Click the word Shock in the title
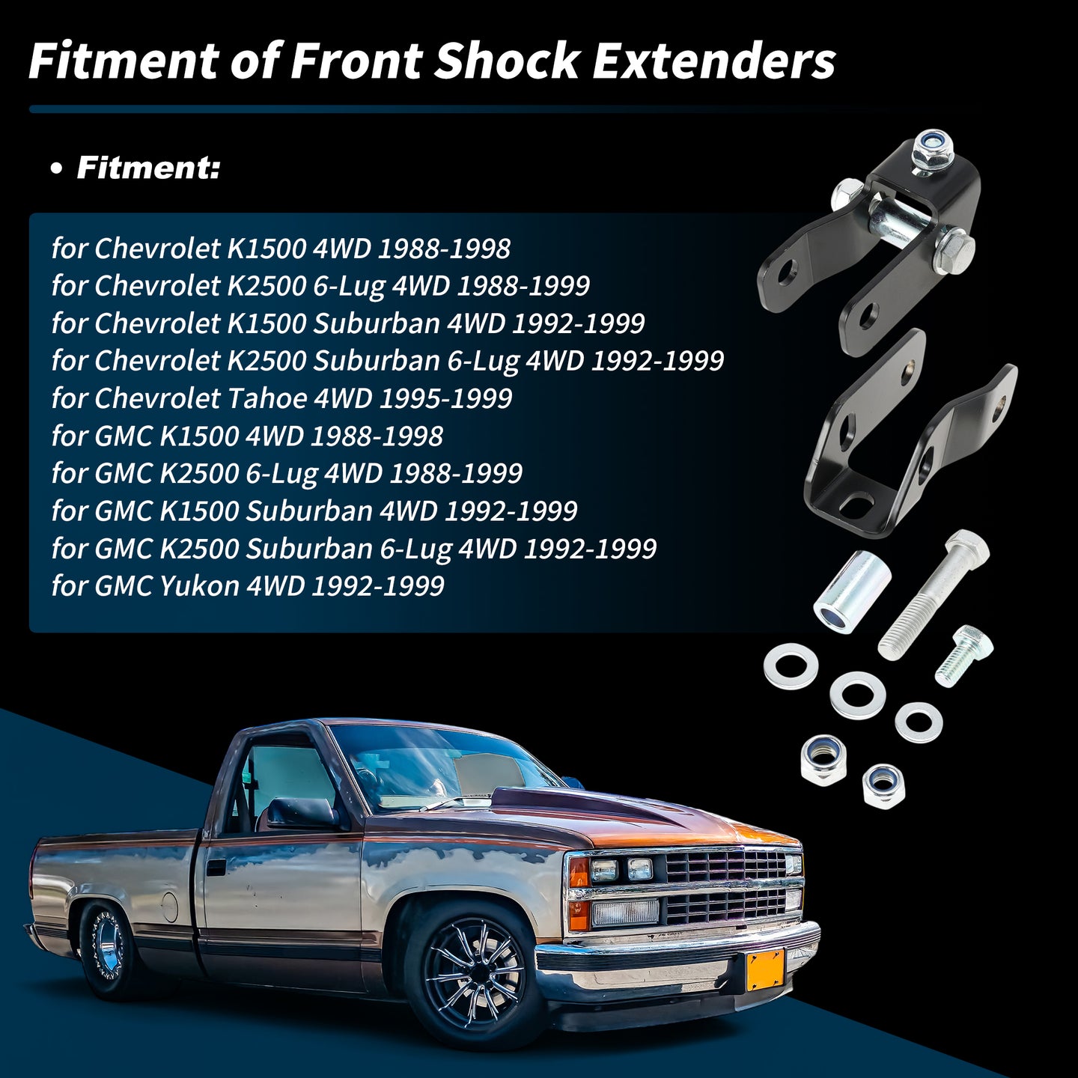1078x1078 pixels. (507, 61)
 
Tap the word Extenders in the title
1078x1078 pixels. (714, 61)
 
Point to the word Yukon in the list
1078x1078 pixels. (200, 585)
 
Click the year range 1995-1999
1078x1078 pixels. (446, 398)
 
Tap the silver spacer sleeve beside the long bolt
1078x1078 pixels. (852, 589)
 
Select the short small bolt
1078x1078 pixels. (963, 655)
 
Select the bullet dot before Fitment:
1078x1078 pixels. (55, 169)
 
